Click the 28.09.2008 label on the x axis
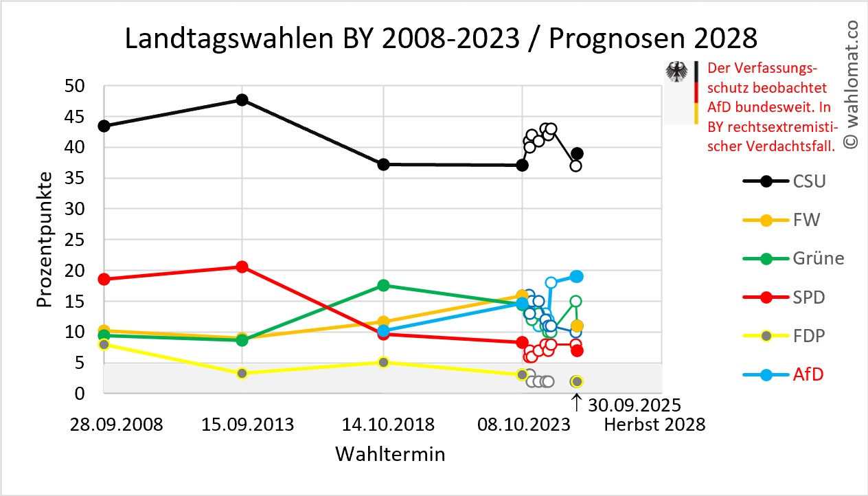pos(117,425)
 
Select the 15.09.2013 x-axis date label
pos(247,425)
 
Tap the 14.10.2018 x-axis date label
pos(388,425)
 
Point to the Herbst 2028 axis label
pos(654,425)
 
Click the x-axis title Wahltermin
pos(389,455)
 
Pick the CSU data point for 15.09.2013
pos(242,100)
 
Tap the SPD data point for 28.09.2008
pos(104,279)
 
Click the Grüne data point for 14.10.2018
pos(384,285)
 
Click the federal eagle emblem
pos(678,73)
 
